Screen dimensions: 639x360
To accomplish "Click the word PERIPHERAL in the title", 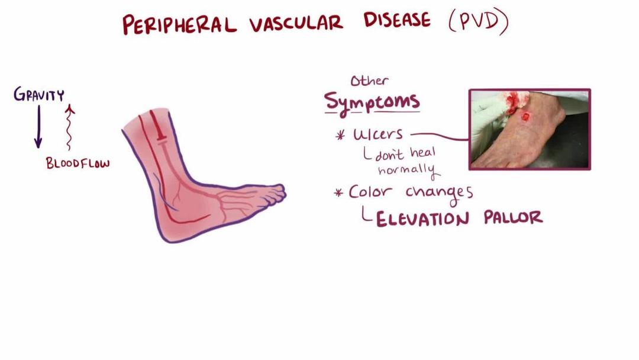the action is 179,24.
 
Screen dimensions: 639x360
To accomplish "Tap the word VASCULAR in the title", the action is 296,23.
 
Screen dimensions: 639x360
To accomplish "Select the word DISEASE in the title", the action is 398,20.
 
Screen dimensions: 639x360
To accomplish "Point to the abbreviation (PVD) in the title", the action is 479,21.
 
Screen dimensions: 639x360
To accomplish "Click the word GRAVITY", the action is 39,94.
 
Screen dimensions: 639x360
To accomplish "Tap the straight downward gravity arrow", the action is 38,126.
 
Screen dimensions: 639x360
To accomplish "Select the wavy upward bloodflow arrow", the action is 70,127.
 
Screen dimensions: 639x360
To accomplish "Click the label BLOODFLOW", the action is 78,163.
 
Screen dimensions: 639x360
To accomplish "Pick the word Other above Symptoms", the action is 369,81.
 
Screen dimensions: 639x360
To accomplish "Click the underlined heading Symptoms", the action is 372,102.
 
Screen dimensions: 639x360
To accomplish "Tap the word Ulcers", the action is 377,134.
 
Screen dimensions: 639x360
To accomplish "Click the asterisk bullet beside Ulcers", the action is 340,135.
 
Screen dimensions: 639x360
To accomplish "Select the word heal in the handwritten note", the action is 422,153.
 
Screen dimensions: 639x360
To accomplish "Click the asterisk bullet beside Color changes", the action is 338,192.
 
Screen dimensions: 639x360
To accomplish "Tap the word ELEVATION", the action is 422,219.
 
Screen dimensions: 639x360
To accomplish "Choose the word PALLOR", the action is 513,217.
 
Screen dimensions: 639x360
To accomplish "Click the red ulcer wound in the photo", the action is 526,117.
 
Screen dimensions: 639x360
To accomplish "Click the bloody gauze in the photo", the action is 515,101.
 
